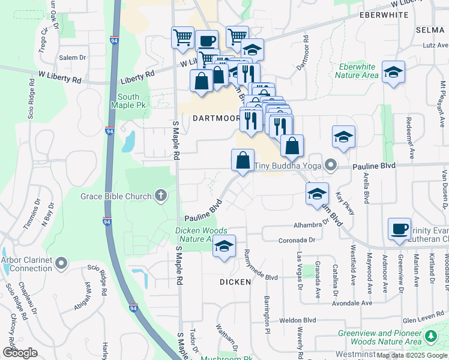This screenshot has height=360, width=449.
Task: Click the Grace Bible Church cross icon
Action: tap(160, 195)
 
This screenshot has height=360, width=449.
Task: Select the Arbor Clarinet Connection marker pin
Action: tap(61, 263)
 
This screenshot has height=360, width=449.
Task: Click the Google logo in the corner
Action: tap(20, 353)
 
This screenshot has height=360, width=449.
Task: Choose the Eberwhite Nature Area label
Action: tap(357, 71)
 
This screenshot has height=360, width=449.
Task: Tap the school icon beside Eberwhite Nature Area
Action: tap(393, 72)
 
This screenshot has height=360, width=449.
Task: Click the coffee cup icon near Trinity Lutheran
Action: tap(399, 229)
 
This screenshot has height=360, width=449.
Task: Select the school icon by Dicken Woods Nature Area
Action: tap(224, 246)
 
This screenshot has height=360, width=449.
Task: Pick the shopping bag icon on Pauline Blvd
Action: tap(243, 160)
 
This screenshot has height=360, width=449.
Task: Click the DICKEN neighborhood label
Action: tap(235, 281)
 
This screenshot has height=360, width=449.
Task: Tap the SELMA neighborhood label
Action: tap(432, 29)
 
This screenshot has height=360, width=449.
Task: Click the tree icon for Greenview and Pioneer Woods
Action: tap(430, 337)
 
